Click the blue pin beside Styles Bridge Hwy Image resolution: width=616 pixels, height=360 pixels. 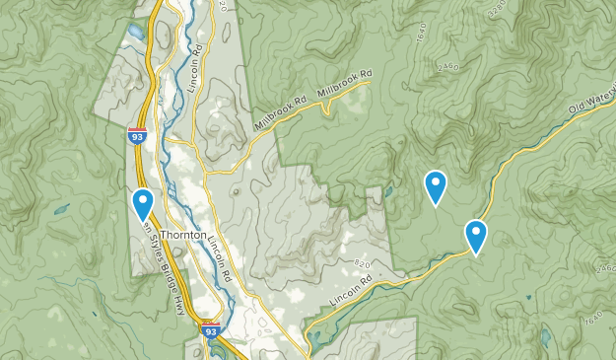(143, 204)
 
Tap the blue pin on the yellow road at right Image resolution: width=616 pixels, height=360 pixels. (476, 237)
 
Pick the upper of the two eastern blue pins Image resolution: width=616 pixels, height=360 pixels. (435, 186)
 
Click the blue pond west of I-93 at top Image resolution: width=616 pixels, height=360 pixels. (134, 32)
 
